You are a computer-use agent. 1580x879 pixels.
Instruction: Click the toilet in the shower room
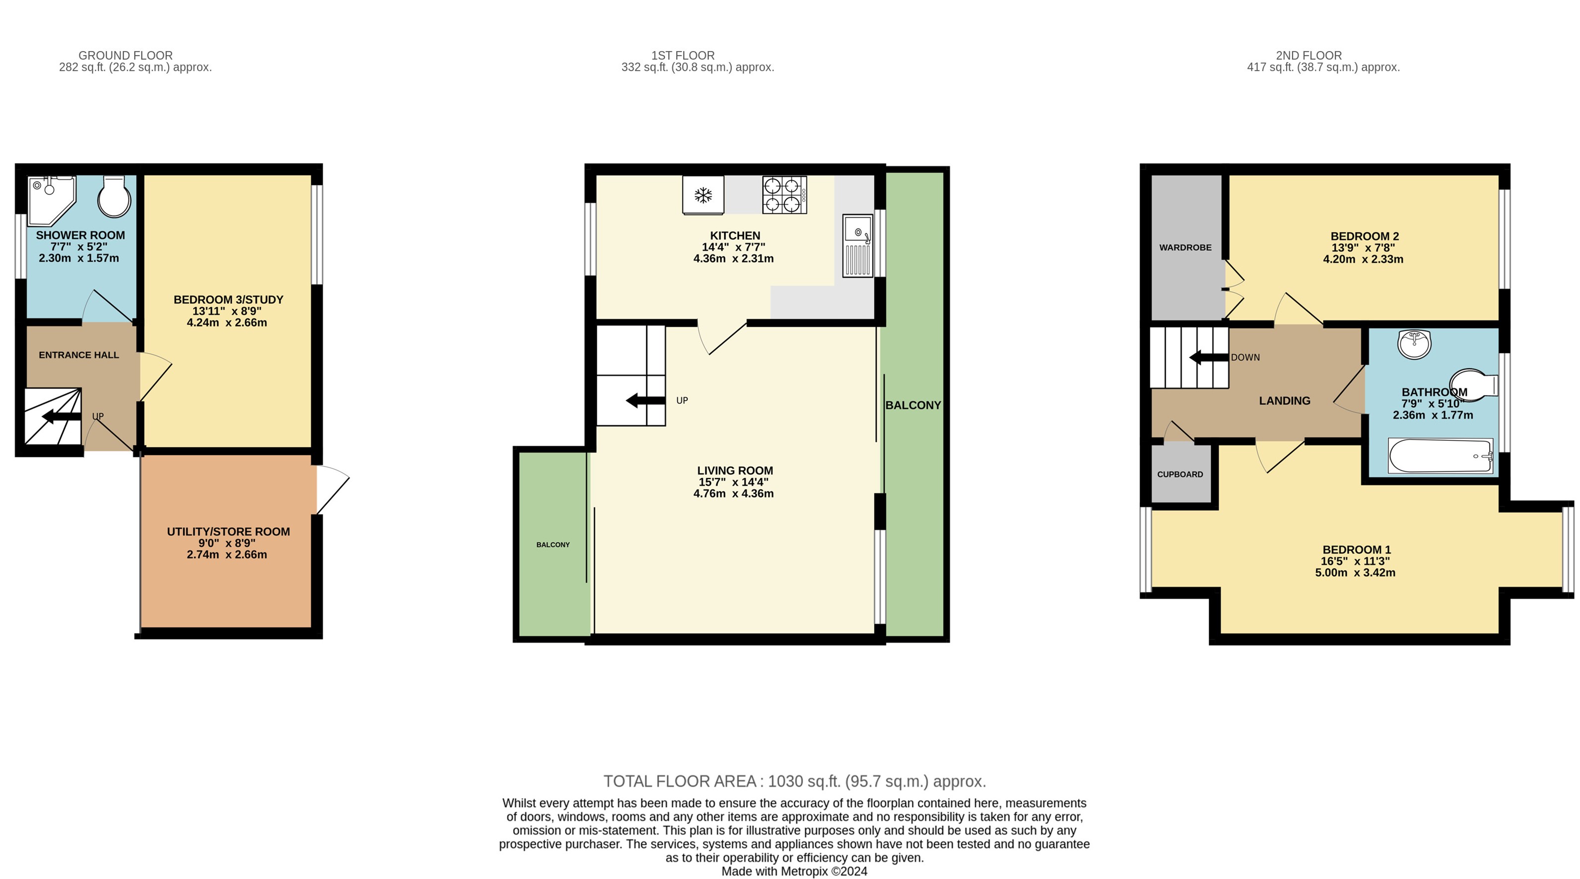(x=115, y=196)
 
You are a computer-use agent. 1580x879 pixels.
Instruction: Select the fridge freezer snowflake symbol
(x=703, y=196)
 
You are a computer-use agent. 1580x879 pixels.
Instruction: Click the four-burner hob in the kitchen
(x=784, y=195)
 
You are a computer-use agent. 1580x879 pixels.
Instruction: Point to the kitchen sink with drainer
(x=857, y=245)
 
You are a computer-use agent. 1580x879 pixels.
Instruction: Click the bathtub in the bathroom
(x=1440, y=456)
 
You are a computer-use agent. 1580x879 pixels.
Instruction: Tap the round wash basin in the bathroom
(x=1414, y=343)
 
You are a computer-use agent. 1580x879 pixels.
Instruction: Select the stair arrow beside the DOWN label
(x=1209, y=357)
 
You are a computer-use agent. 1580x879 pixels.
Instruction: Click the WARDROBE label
(x=1185, y=247)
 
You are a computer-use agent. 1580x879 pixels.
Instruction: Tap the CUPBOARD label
(x=1180, y=475)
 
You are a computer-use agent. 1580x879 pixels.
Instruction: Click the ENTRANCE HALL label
(x=78, y=355)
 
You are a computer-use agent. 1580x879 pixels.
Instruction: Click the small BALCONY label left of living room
(x=552, y=545)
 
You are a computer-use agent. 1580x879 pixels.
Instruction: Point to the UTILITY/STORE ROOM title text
(x=228, y=532)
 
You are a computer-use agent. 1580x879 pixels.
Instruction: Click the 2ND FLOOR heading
(x=1308, y=55)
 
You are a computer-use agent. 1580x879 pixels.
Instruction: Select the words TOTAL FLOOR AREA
(x=680, y=782)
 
